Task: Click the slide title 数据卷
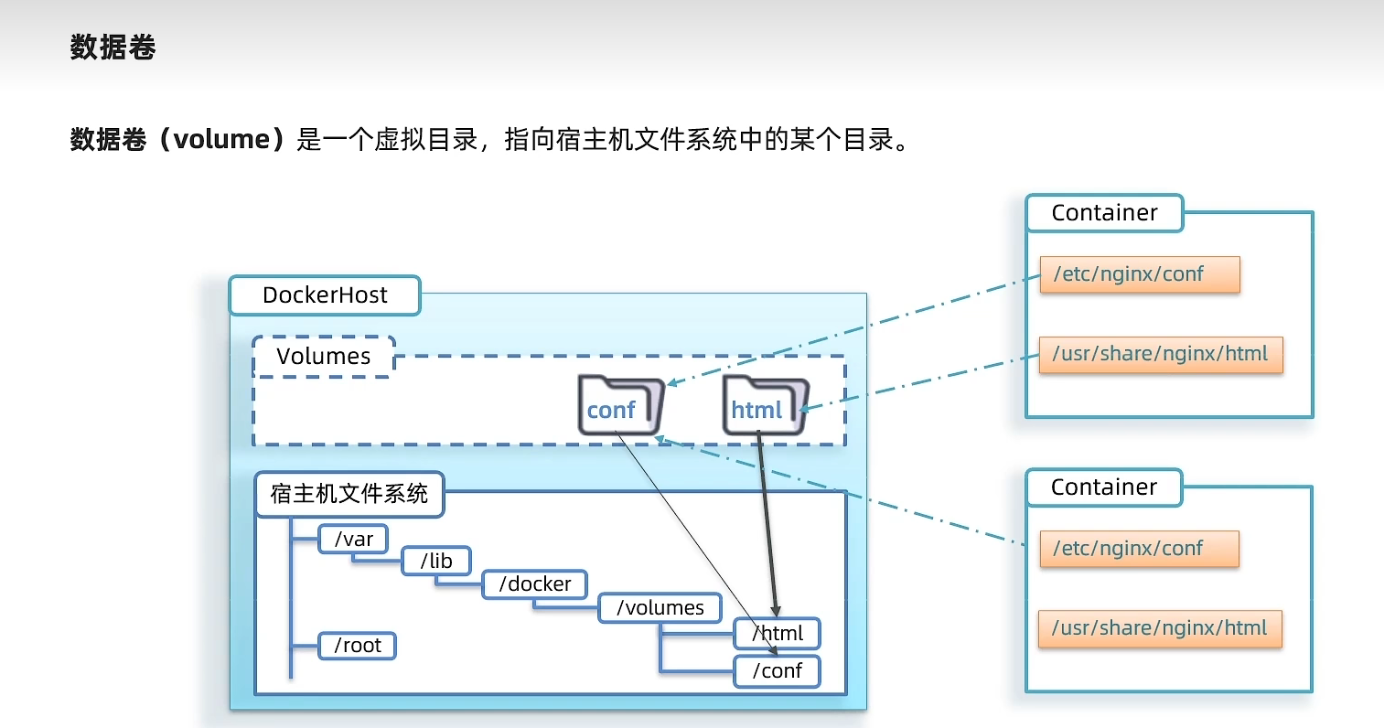113,48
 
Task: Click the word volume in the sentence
221,140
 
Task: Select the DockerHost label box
325,295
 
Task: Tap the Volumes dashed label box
324,357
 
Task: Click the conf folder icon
619,405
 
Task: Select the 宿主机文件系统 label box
349,495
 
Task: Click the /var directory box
353,540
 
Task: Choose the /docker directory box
534,584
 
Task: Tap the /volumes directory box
660,608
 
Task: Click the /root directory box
357,646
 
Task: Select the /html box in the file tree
777,634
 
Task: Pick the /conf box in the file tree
777,671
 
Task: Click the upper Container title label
1104,213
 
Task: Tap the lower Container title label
1103,487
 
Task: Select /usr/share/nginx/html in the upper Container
1160,354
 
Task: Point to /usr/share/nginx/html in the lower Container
1159,628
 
